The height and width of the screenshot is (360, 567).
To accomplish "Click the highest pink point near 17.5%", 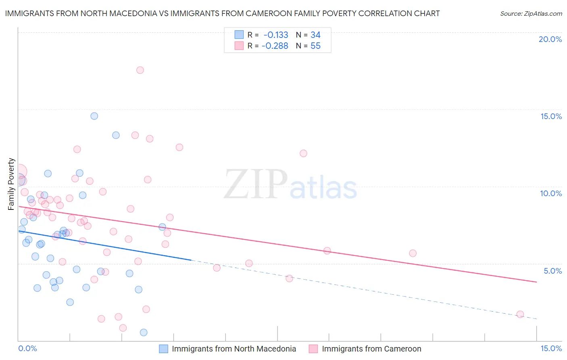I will pos(140,70).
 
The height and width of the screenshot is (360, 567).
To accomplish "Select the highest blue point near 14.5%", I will pos(94,116).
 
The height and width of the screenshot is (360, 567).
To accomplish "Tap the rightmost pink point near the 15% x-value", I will pos(520,314).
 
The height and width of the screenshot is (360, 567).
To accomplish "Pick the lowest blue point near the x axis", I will pos(144,333).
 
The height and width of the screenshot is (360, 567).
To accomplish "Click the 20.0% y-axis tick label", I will pos(550,40).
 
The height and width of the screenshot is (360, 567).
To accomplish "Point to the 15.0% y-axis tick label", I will pos(551,117).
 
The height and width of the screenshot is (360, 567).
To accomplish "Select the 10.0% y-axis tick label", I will pos(551,194).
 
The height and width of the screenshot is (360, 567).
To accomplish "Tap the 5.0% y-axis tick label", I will pos(552,271).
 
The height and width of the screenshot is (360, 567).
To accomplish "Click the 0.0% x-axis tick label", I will pos(27,349).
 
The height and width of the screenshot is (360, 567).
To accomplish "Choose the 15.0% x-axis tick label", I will pos(551,349).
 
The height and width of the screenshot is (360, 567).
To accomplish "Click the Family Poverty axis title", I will pos(11,184).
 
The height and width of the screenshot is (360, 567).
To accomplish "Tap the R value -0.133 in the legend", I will pos(276,35).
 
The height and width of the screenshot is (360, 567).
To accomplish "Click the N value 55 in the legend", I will pos(315,46).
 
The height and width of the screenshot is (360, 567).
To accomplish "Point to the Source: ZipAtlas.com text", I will pos(531,14).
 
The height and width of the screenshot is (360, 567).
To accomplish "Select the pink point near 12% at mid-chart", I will pos(303,153).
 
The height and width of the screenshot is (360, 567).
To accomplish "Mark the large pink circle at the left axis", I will pos(19,172).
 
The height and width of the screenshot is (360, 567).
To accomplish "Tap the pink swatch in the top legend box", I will pos(239,46).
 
